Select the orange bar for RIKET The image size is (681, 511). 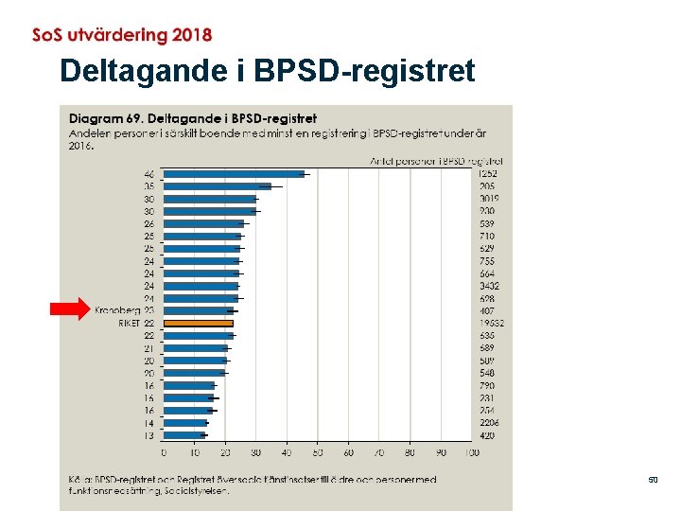tap(199, 323)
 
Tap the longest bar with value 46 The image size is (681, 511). tap(234, 174)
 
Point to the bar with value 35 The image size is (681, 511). tap(218, 186)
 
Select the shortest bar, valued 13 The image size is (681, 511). tap(183, 435)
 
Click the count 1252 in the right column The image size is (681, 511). tap(488, 174)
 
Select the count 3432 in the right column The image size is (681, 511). tap(489, 286)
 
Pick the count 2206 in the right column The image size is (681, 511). tap(489, 423)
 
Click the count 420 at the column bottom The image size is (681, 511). tap(487, 435)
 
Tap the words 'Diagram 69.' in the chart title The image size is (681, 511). tap(107, 119)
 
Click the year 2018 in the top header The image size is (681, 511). tap(192, 36)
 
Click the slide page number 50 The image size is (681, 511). tap(653, 481)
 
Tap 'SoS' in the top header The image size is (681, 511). tap(49, 36)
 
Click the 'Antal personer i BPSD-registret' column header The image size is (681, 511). tap(435, 161)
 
